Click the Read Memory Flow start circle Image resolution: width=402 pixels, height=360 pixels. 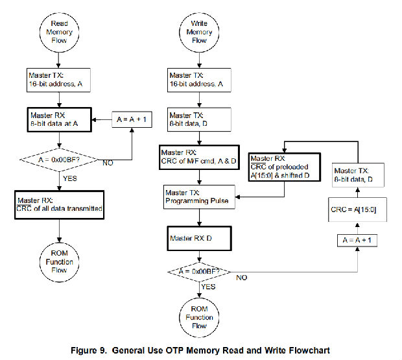point(59,32)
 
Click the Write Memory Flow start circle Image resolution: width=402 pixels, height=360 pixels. point(200,32)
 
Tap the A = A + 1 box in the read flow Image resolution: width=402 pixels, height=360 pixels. point(132,119)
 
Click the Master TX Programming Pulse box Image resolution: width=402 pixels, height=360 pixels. point(199,197)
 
